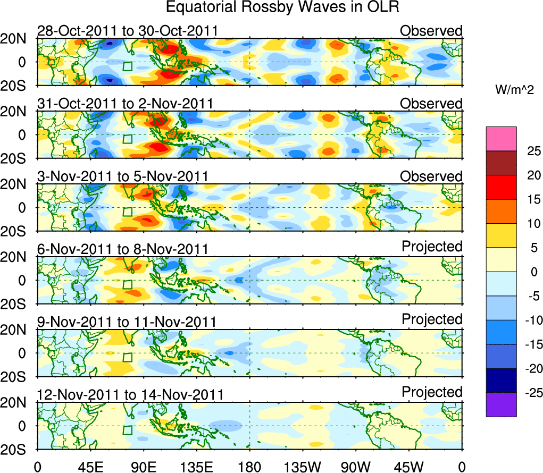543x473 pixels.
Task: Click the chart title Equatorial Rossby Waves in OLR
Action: (282, 7)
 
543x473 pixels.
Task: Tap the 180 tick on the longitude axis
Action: (249, 466)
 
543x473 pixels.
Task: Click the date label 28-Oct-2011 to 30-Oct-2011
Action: (128, 31)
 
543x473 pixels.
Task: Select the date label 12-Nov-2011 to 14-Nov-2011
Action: (130, 395)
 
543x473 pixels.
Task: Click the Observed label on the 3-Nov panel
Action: (431, 176)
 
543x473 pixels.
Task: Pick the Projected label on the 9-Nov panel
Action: (432, 319)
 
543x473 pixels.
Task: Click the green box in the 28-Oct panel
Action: (127, 66)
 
